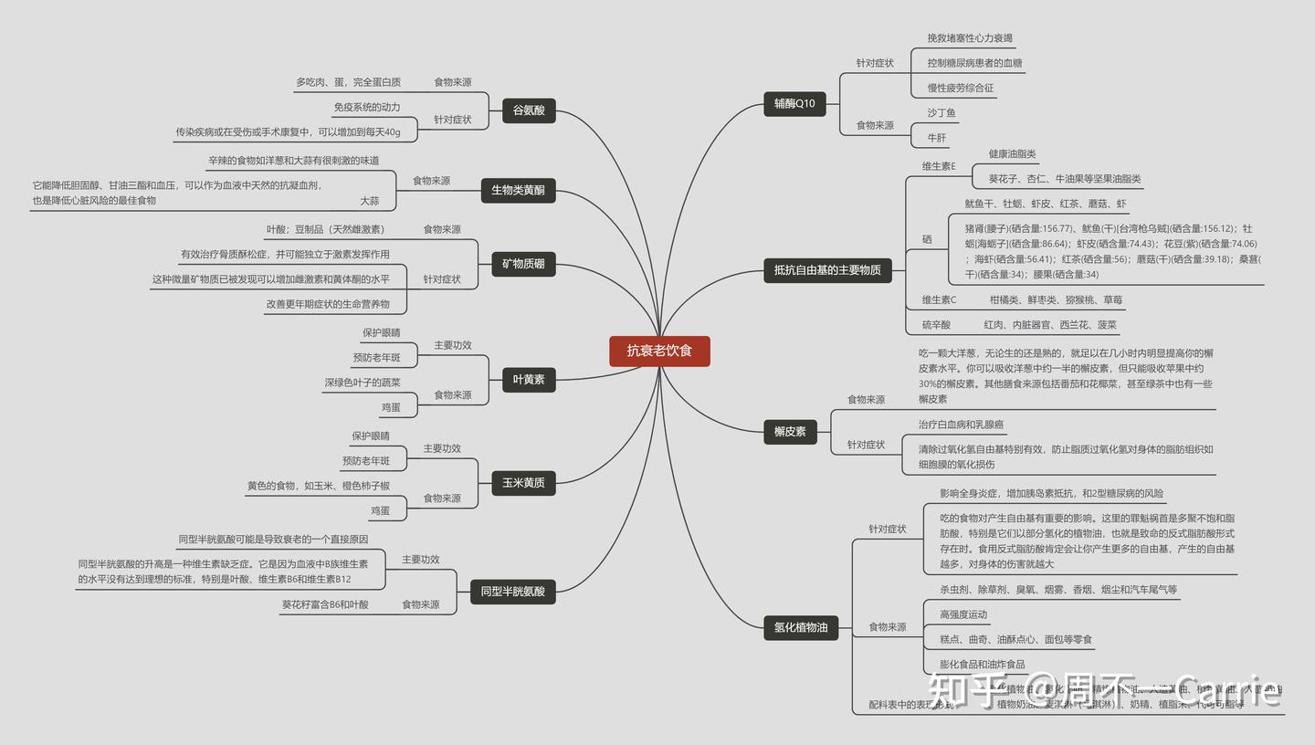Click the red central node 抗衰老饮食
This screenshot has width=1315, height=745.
[x=659, y=351]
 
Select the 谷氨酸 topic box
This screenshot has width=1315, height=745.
[x=529, y=110]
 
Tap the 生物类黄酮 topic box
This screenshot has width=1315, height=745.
[x=518, y=190]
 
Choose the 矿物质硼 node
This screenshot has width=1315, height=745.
[x=523, y=265]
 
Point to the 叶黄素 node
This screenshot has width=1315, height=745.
[x=529, y=379]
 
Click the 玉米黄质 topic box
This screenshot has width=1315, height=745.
[x=523, y=482]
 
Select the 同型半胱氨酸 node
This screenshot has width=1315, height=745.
[x=512, y=592]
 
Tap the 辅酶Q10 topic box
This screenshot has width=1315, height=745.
[x=794, y=104]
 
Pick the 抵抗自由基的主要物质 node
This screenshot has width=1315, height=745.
[x=827, y=270]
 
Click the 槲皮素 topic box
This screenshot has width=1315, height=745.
[x=790, y=431]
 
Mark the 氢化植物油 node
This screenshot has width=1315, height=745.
[x=801, y=627]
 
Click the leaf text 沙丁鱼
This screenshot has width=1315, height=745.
[x=942, y=113]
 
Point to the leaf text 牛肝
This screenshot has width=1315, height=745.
[x=937, y=138]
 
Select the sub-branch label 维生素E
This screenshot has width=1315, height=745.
[x=939, y=166]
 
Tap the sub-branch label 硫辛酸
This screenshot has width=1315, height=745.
[x=936, y=325]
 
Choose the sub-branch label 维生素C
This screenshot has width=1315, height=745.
[x=939, y=299]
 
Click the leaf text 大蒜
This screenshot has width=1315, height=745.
[x=369, y=201]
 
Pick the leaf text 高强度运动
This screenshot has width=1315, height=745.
[x=963, y=614]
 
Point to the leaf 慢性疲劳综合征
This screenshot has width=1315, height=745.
[x=961, y=89]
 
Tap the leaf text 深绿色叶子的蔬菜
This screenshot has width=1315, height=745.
[x=363, y=383]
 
